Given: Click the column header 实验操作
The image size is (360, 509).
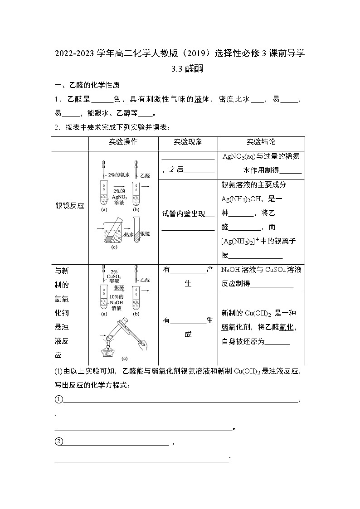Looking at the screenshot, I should [x=123, y=142].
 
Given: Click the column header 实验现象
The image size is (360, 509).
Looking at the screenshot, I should [x=188, y=142].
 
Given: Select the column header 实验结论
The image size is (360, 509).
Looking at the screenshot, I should [x=261, y=142].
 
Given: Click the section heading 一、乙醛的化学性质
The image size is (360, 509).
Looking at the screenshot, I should [x=87, y=86].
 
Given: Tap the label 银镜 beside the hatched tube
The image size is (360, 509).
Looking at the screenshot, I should [x=145, y=233].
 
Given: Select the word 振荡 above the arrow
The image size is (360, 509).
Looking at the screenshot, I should [x=120, y=287].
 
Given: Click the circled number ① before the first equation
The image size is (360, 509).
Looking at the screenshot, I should [x=58, y=399].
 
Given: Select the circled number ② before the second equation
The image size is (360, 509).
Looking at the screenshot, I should [x=58, y=441].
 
